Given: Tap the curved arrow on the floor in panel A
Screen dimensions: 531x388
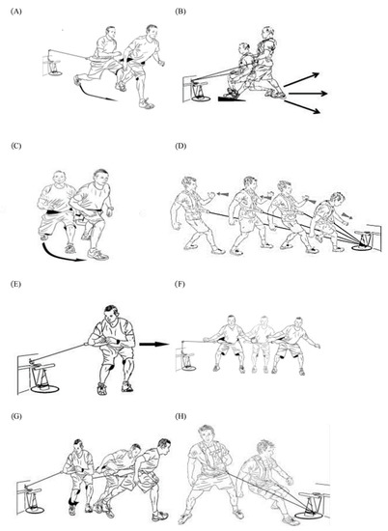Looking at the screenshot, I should pos(94,92).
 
